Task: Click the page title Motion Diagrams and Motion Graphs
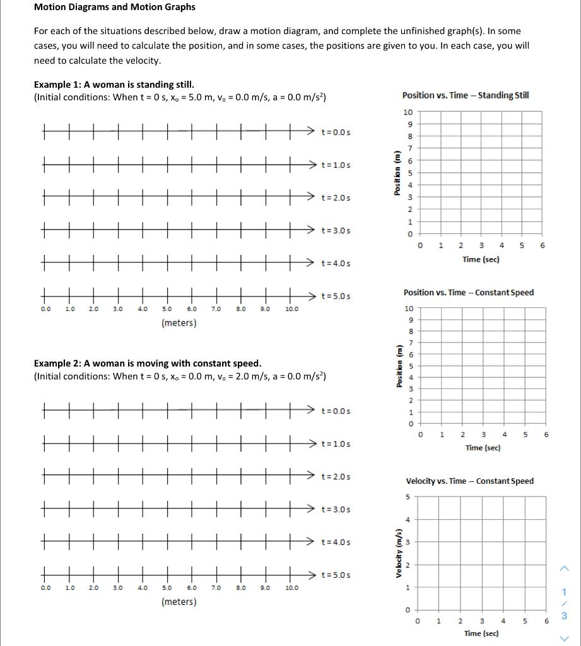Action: tap(114, 8)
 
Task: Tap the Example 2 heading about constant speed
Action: tap(147, 363)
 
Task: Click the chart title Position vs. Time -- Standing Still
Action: tap(466, 95)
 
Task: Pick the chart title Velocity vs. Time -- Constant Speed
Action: tap(469, 481)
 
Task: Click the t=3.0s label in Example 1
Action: tap(336, 230)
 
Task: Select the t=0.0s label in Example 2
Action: tap(336, 411)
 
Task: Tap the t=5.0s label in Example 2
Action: tap(336, 575)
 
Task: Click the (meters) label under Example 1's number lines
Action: tap(179, 323)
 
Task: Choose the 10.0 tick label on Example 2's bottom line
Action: tap(291, 588)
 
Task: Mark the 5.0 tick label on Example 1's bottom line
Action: tap(167, 309)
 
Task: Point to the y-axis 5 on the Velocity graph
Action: tap(408, 497)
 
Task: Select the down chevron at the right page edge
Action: tap(565, 636)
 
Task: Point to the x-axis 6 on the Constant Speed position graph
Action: tap(546, 435)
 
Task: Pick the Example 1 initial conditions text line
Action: tap(180, 97)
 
